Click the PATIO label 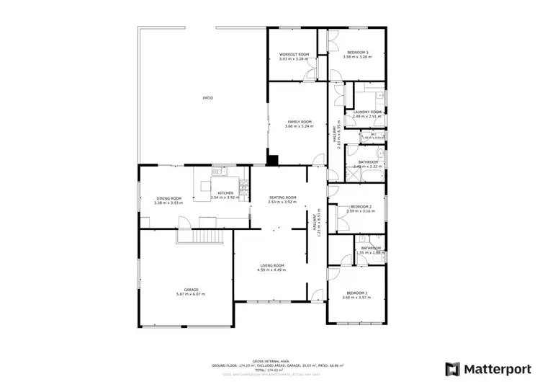[x=207, y=98]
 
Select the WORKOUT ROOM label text [x=294, y=54]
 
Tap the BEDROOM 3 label [x=358, y=52]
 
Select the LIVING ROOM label [x=272, y=266]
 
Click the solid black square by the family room [x=273, y=161]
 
